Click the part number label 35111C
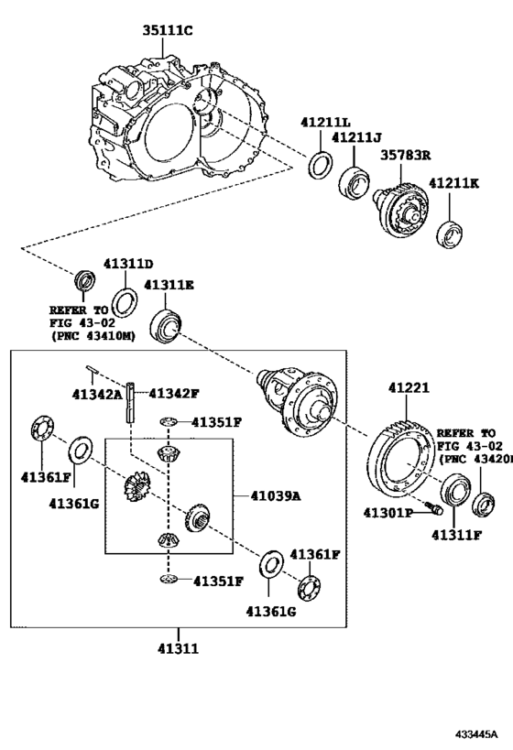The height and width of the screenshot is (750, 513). (x=168, y=30)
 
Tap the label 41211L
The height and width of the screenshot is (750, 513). (x=325, y=122)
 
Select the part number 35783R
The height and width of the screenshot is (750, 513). (x=405, y=156)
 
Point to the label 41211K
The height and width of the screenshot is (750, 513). (x=453, y=183)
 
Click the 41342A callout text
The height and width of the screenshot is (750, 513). (x=97, y=394)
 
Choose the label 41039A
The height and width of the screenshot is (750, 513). (x=276, y=496)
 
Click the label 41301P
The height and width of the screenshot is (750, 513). (x=387, y=513)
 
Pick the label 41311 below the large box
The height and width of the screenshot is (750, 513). (x=178, y=648)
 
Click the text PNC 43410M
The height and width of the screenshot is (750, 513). (x=93, y=336)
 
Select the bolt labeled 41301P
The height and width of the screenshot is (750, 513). (x=434, y=507)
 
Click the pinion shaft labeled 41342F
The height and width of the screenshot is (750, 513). (x=131, y=402)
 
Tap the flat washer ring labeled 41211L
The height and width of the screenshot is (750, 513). (x=321, y=165)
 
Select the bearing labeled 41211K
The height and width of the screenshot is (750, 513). (x=450, y=233)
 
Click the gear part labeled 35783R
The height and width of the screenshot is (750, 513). (x=401, y=210)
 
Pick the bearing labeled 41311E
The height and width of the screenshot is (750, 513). (x=166, y=327)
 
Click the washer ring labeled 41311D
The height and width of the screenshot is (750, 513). (x=125, y=303)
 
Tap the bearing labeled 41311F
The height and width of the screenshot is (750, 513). (x=455, y=489)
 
